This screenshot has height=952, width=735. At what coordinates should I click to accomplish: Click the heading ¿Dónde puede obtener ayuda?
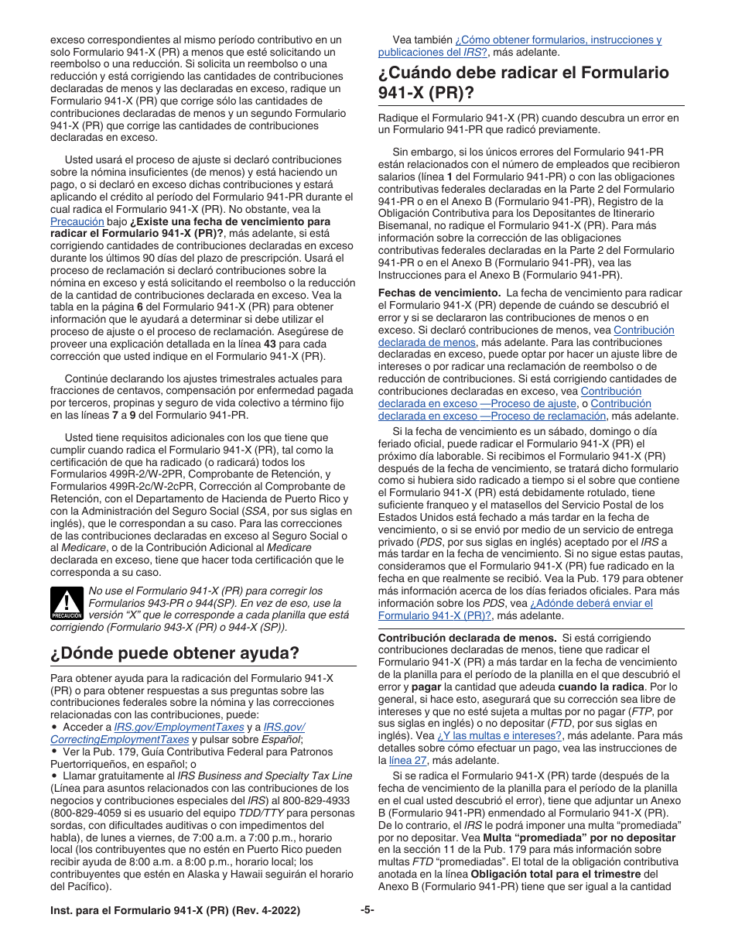point(174,652)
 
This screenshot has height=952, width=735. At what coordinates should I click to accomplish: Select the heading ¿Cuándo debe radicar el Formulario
point(523,74)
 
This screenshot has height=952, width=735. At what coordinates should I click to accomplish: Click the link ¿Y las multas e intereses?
point(500,735)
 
